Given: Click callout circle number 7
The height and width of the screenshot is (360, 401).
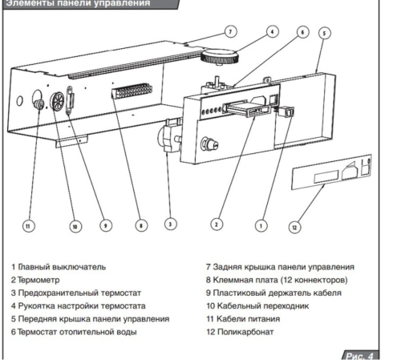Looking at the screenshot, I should point(229,31).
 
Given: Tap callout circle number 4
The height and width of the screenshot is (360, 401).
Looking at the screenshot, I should point(273,31).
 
